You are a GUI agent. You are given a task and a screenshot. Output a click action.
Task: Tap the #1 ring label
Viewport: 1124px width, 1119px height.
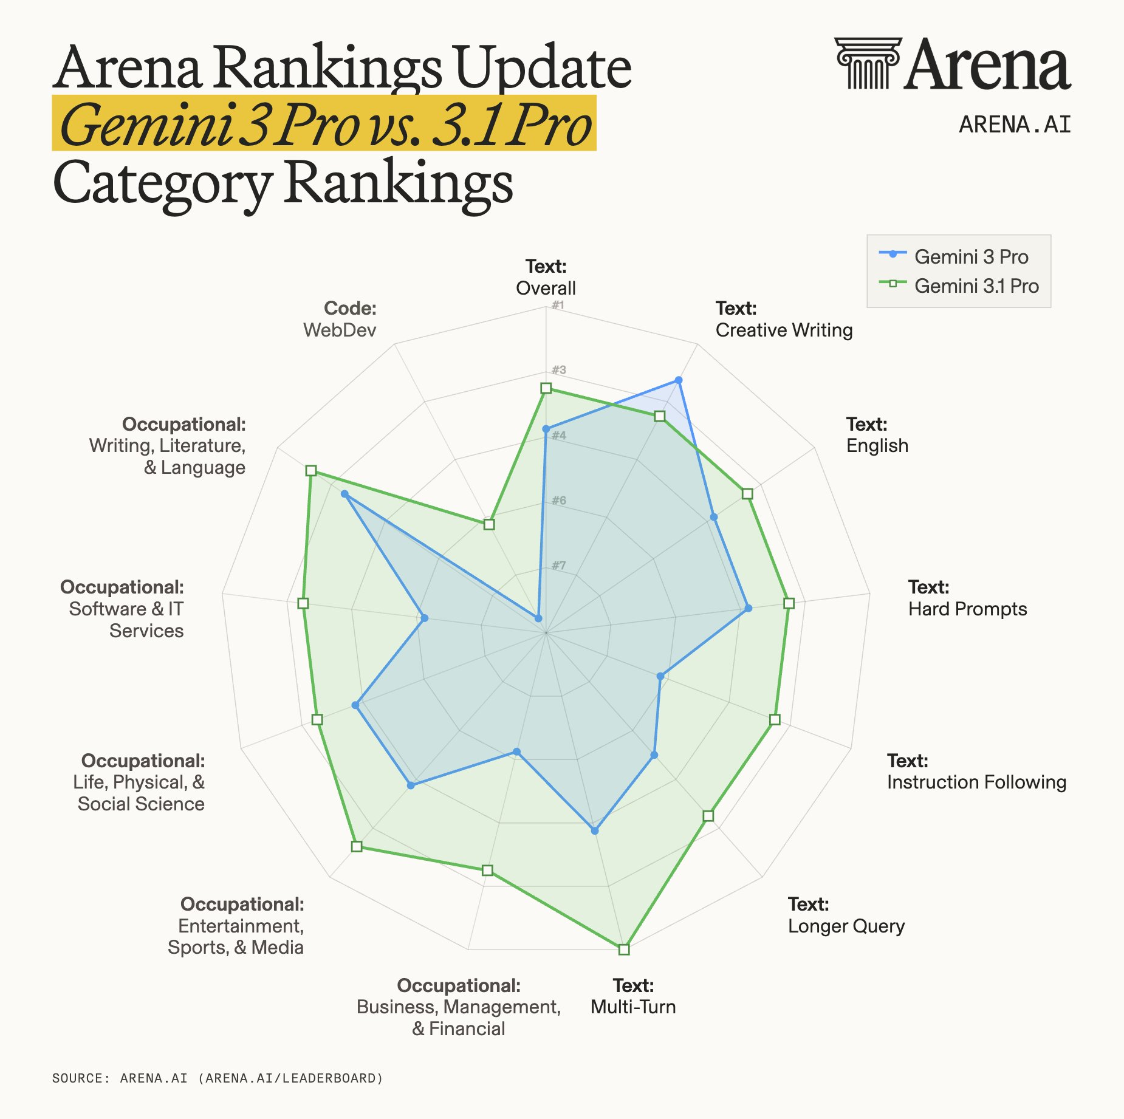click(x=558, y=305)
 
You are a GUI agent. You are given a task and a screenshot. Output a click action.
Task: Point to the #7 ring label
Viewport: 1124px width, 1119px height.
click(x=558, y=566)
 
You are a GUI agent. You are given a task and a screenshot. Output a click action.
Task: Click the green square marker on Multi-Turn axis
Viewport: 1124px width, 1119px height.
click(x=624, y=949)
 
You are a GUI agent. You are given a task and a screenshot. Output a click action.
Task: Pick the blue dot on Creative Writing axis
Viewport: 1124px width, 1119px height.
click(x=679, y=380)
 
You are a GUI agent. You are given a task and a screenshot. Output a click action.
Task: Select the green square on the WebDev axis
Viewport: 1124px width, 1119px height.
click(x=489, y=524)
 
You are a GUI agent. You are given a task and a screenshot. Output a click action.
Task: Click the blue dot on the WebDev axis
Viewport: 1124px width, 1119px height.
click(x=538, y=618)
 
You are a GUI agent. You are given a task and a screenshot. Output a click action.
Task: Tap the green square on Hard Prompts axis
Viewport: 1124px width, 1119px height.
click(x=789, y=603)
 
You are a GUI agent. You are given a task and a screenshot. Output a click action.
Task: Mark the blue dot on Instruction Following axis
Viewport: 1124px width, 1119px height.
click(x=660, y=676)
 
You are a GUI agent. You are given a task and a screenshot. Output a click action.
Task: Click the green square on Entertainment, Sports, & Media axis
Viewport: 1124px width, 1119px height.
click(x=357, y=846)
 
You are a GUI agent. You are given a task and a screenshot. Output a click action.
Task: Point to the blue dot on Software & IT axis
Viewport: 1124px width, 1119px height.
click(x=424, y=618)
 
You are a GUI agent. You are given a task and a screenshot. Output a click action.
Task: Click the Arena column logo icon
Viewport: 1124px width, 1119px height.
click(x=867, y=63)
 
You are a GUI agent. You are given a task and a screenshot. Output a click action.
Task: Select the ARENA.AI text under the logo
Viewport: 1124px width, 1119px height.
click(x=1015, y=125)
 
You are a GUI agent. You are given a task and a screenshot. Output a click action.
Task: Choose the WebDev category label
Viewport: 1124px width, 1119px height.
click(x=340, y=330)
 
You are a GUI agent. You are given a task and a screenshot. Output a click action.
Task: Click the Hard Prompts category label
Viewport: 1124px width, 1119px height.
click(x=967, y=609)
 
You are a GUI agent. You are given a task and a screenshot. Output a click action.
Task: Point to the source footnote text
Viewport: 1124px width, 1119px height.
click(x=218, y=1078)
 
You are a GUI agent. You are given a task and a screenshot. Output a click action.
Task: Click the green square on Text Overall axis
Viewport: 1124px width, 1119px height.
click(x=546, y=388)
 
